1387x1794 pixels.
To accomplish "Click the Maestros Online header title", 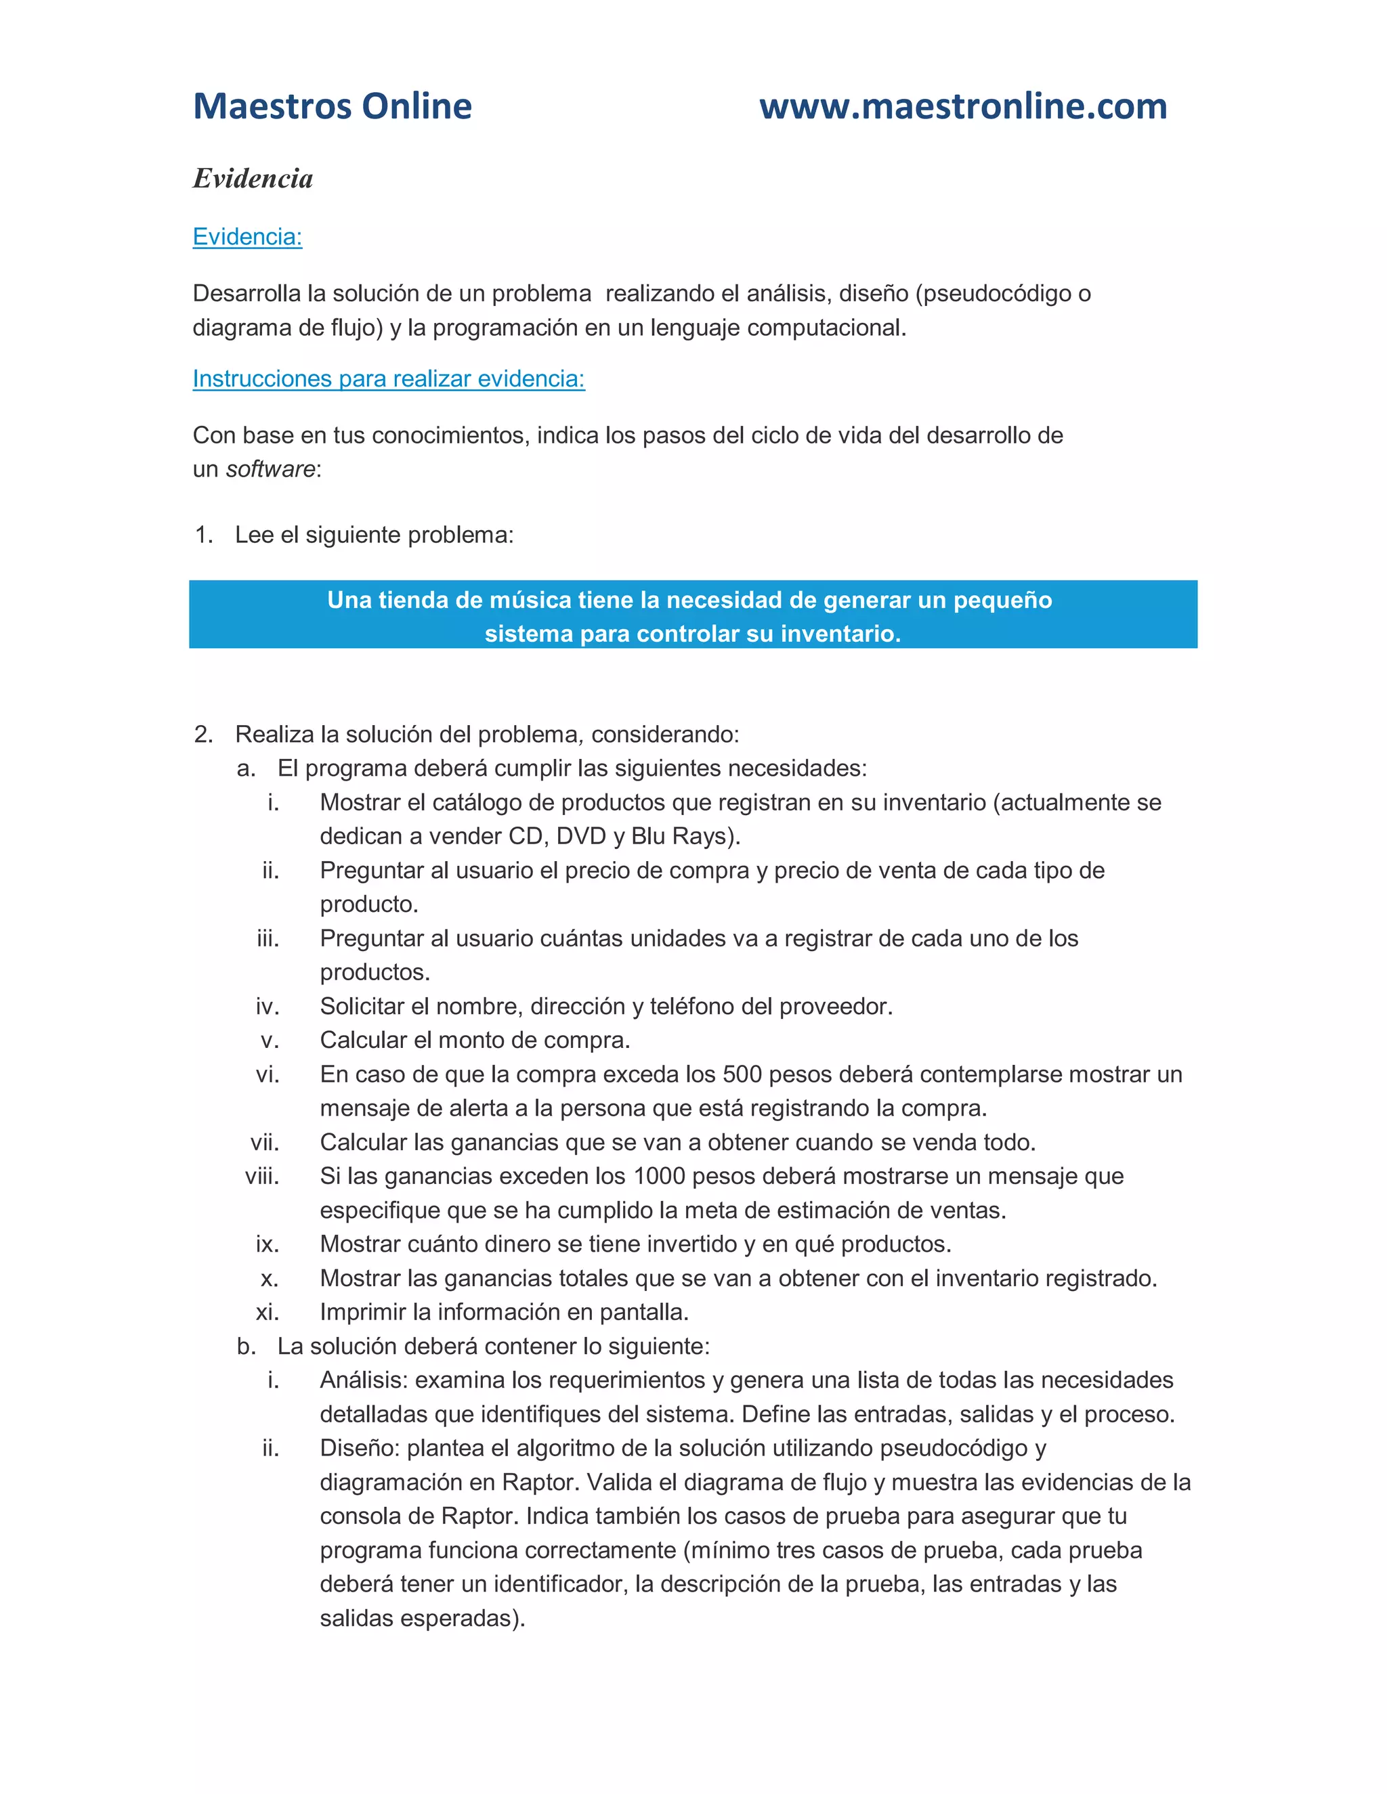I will tap(332, 107).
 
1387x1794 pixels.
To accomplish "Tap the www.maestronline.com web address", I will tap(963, 107).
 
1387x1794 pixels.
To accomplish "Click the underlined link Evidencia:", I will tap(247, 238).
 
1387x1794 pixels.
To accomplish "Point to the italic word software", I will tap(270, 470).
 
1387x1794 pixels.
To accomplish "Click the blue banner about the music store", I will tap(693, 615).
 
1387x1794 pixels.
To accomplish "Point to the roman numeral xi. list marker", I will tap(267, 1313).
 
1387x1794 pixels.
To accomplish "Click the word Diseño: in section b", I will tap(360, 1448).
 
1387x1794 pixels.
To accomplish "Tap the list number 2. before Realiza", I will tap(204, 735).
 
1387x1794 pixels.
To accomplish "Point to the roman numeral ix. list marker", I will tap(267, 1244).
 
